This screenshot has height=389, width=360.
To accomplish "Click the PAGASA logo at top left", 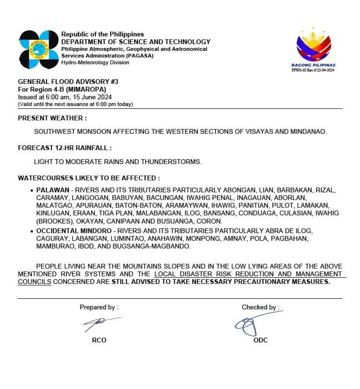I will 38,48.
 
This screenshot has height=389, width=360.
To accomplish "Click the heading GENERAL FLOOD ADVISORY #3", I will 68,82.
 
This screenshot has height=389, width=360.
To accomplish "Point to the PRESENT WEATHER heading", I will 52,118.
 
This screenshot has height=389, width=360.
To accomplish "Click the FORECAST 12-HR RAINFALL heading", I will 65,148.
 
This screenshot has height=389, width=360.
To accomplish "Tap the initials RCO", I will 99,340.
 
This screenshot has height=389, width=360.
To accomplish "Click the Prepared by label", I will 99,307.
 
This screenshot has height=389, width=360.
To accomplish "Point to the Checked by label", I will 260,307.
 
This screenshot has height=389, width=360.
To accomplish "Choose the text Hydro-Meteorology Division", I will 95,62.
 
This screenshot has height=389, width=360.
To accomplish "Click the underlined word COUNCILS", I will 35,282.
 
